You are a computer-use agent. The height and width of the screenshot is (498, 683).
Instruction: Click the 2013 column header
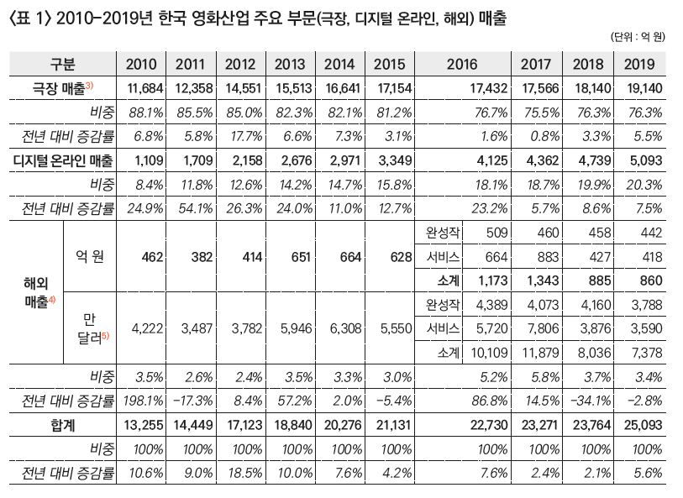point(290,64)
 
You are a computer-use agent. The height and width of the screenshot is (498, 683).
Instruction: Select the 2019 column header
point(639,64)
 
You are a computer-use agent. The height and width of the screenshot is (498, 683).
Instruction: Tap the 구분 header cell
point(63,64)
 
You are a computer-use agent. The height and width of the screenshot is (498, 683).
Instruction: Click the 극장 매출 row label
point(63,88)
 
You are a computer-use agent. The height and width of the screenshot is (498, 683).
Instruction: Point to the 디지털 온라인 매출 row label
point(63,160)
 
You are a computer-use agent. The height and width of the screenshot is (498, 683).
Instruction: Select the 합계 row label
point(63,425)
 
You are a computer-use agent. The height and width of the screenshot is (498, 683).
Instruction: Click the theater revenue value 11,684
point(145,88)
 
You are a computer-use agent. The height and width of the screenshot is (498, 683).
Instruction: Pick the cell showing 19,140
point(644,88)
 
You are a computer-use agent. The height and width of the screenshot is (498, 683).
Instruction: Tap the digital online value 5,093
point(646,160)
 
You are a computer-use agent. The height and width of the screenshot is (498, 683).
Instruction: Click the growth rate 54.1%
point(196,208)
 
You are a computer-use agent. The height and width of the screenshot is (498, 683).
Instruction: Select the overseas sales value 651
point(301,257)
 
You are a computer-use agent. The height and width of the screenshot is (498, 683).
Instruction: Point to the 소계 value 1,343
point(543,280)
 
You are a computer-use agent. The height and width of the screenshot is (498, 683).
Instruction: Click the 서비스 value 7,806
point(543,328)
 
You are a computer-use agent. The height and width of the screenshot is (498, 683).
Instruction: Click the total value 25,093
point(643,425)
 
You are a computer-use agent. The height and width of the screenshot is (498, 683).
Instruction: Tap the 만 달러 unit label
point(92,328)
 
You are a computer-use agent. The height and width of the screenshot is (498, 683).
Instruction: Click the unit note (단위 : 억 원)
point(638,37)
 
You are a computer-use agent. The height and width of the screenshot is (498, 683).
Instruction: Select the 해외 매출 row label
point(39,292)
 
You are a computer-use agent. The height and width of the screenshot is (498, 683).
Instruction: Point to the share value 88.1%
point(146,113)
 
